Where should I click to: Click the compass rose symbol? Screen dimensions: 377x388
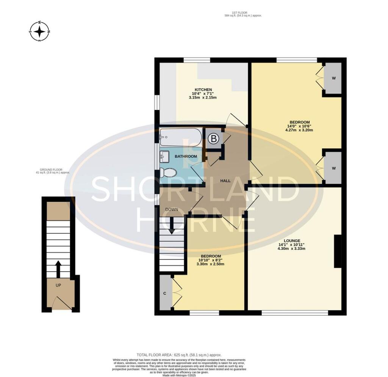pyautogui.click(x=40, y=31)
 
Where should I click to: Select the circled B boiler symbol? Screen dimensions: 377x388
pyautogui.click(x=214, y=139)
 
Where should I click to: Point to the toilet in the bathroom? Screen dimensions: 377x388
pyautogui.click(x=168, y=173)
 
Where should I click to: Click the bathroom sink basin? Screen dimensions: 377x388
pyautogui.click(x=164, y=156)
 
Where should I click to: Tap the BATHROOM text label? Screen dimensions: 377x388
pyautogui.click(x=186, y=157)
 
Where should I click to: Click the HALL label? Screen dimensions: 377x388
pyautogui.click(x=225, y=181)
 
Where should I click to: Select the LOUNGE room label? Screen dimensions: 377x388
pyautogui.click(x=291, y=240)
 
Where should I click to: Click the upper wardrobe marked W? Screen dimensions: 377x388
pyautogui.click(x=333, y=78)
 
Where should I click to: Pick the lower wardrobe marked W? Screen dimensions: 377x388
pyautogui.click(x=333, y=168)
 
